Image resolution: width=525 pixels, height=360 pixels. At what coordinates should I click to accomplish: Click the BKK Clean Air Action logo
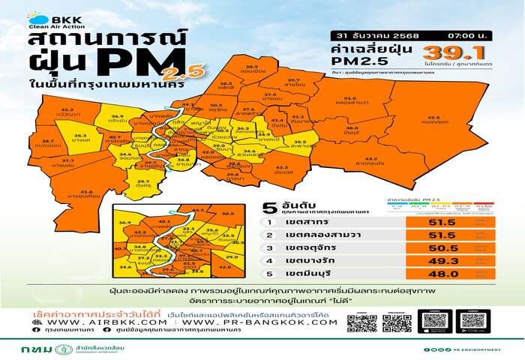point(47,20)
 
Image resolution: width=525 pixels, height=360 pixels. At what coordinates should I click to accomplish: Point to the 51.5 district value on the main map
point(349,98)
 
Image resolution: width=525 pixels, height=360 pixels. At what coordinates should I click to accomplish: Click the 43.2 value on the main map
point(283,167)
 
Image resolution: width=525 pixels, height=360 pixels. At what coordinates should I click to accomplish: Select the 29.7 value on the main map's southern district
point(143,181)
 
